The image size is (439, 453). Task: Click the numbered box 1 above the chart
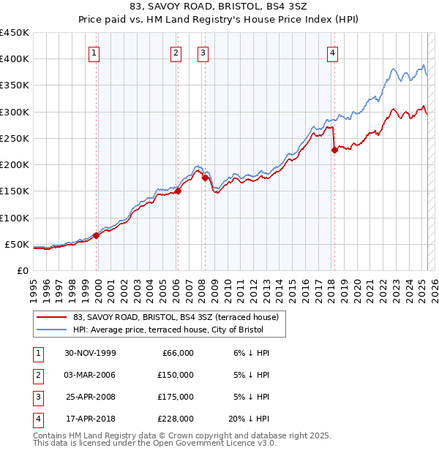tap(96, 52)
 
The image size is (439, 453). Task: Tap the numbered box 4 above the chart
tap(332, 52)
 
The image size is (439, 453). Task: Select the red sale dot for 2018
tap(334, 150)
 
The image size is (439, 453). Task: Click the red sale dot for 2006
tap(178, 191)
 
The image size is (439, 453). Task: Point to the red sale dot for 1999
tap(97, 235)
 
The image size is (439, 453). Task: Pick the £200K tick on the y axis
tap(16, 164)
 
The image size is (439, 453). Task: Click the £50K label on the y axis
tap(16, 244)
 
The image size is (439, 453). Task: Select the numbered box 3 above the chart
tap(203, 52)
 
